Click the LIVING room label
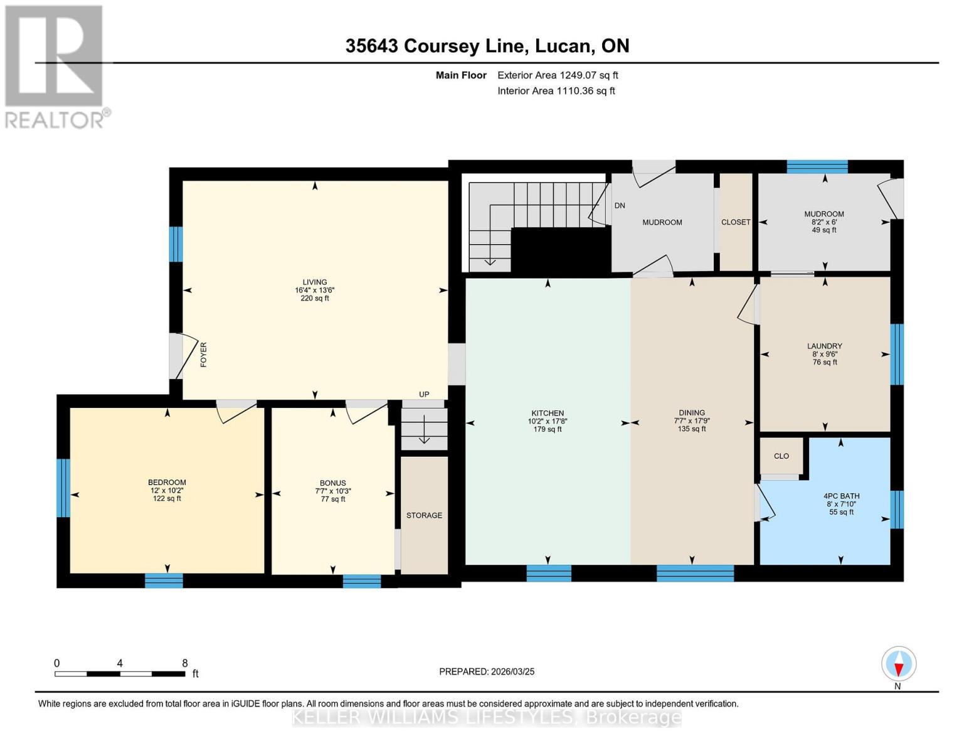click(315, 282)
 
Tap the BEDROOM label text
click(167, 483)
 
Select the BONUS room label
click(332, 483)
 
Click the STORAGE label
click(424, 515)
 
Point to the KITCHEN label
click(548, 414)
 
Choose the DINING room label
click(692, 413)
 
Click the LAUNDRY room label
click(824, 346)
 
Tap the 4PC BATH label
click(841, 496)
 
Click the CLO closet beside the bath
click(781, 456)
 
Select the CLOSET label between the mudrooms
click(736, 222)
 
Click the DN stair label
click(619, 206)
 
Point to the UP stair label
click(424, 395)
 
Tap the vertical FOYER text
click(203, 355)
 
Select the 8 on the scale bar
click(184, 663)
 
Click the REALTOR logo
click(55, 66)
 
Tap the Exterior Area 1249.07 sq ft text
click(558, 75)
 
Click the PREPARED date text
click(487, 671)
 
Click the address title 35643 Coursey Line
click(487, 46)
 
